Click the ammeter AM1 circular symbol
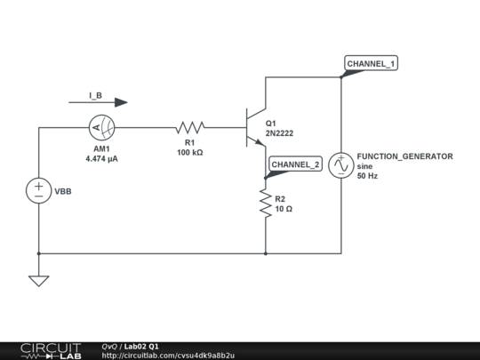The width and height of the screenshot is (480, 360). (100, 127)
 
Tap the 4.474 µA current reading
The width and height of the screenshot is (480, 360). (102, 158)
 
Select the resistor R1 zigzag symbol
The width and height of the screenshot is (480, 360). (190, 127)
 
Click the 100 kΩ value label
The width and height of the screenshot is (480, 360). (190, 153)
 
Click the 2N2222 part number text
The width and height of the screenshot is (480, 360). (279, 133)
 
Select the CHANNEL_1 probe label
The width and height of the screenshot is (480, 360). (371, 65)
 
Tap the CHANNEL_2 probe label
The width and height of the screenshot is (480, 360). (296, 164)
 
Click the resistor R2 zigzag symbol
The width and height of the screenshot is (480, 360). (266, 204)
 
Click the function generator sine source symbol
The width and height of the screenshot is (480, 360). (341, 165)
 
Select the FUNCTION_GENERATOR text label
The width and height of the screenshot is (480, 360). (404, 156)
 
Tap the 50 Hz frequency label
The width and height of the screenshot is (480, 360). (367, 176)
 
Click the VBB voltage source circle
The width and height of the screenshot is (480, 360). (39, 191)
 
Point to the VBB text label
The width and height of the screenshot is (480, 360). (63, 191)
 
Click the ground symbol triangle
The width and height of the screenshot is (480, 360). (39, 280)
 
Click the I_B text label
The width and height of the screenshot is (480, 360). (95, 94)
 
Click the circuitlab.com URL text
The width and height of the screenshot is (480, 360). (168, 356)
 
